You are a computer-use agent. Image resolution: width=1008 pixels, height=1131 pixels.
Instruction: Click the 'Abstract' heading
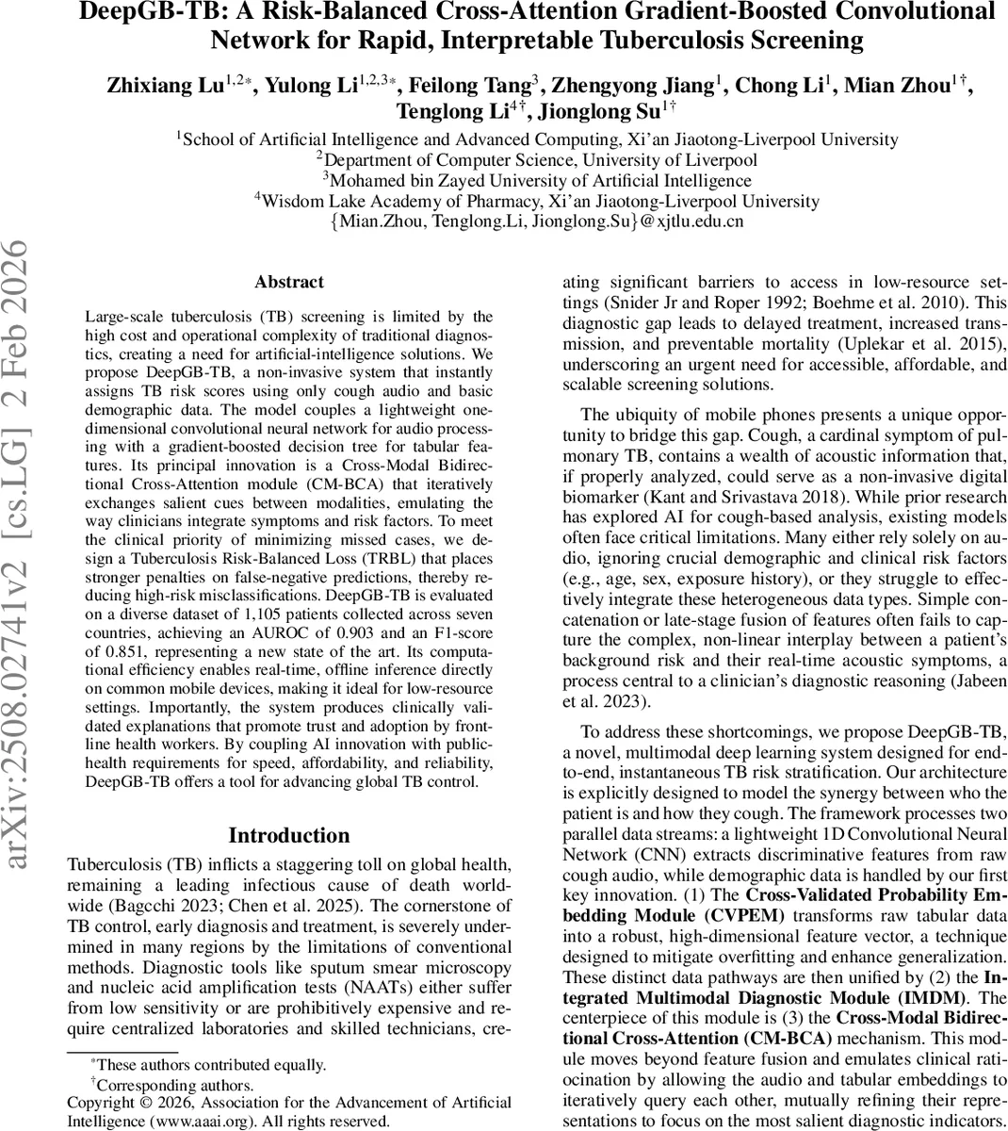click(x=288, y=282)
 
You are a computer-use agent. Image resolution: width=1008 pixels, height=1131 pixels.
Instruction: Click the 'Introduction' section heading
click(x=288, y=835)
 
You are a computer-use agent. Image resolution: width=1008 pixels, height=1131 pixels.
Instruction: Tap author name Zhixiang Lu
click(x=165, y=87)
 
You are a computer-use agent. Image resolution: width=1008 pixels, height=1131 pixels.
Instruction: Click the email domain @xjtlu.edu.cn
click(x=691, y=222)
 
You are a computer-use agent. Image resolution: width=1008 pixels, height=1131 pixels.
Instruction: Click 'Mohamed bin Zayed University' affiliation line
click(x=537, y=180)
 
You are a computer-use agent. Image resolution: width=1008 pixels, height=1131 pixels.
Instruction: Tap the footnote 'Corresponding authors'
click(x=175, y=1085)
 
